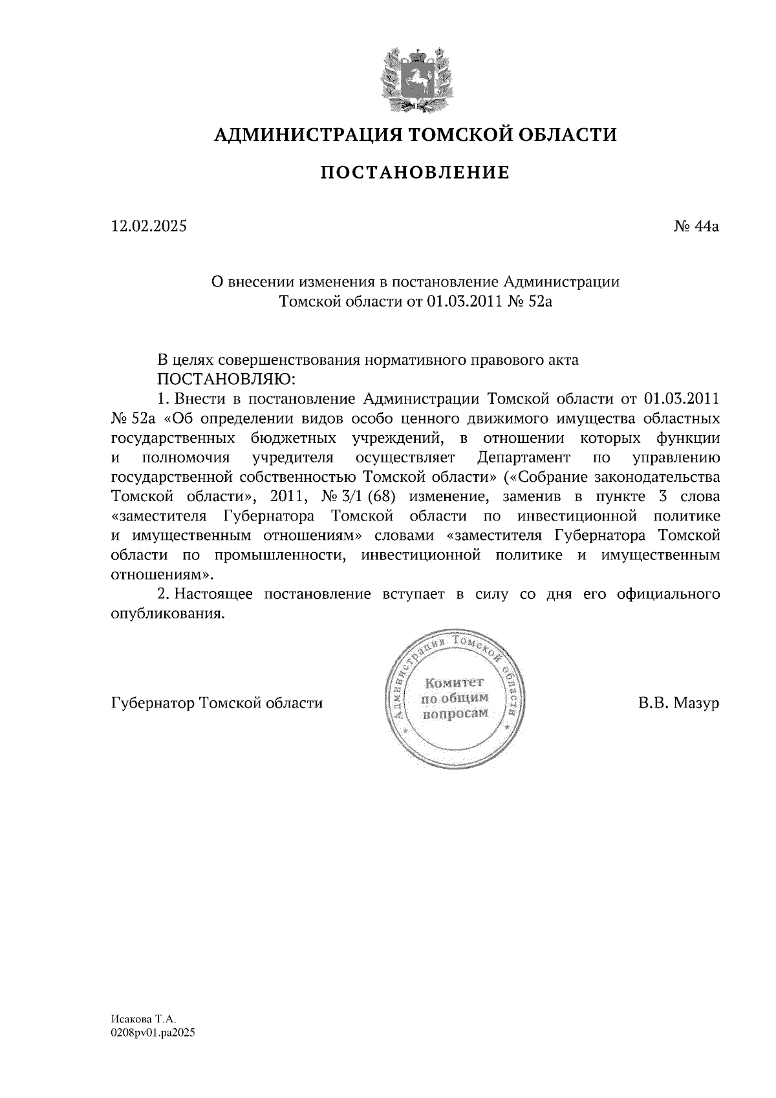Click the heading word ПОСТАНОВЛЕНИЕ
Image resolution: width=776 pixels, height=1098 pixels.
click(x=415, y=173)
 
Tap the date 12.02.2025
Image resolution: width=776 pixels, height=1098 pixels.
click(x=149, y=226)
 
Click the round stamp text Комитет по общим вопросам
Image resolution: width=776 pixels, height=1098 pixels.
click(x=454, y=698)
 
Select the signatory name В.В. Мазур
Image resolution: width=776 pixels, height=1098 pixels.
click(x=679, y=703)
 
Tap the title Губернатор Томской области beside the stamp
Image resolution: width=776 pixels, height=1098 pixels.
click(x=217, y=703)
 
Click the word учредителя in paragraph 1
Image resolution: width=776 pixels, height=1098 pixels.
click(x=293, y=458)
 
